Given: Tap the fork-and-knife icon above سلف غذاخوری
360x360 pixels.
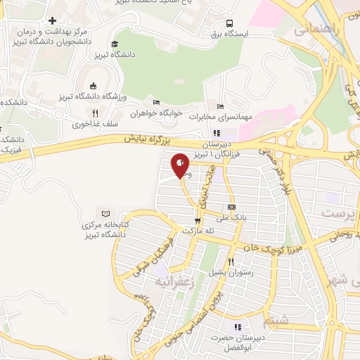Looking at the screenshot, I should click(94, 112).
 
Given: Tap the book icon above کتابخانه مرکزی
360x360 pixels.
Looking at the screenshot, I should click(106, 214).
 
